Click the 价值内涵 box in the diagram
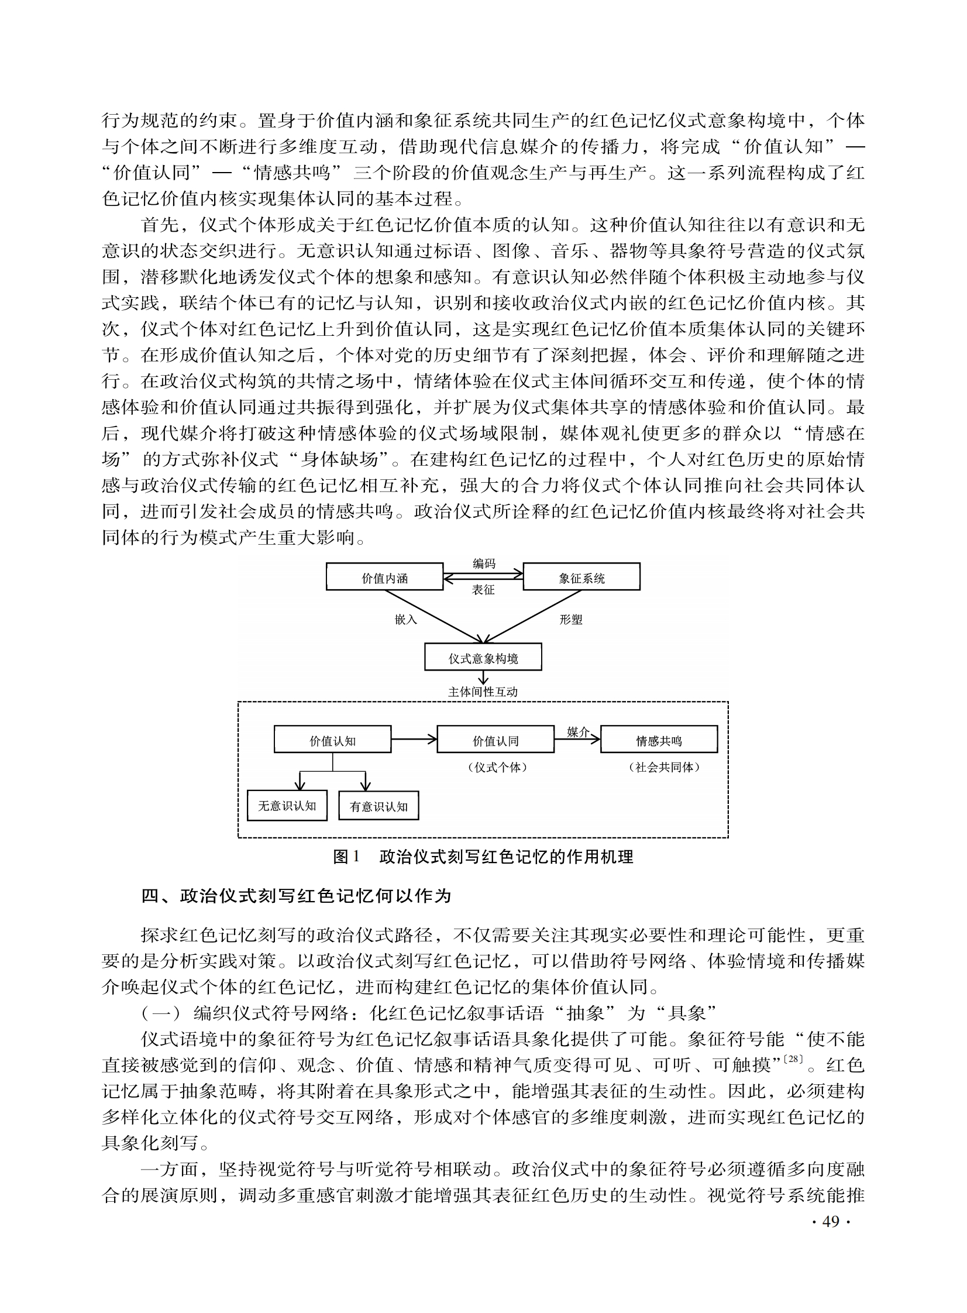tap(384, 578)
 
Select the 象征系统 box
tap(581, 578)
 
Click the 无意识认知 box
tap(287, 806)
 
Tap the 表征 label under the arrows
tap(483, 590)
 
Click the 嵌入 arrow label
tap(405, 619)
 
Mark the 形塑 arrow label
tap(571, 619)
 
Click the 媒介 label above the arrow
tap(578, 732)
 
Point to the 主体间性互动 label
tap(483, 692)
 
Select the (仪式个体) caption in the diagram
tap(498, 767)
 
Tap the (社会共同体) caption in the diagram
tap(664, 767)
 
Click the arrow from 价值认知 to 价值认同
tap(414, 739)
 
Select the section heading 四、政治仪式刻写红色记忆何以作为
tap(296, 896)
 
